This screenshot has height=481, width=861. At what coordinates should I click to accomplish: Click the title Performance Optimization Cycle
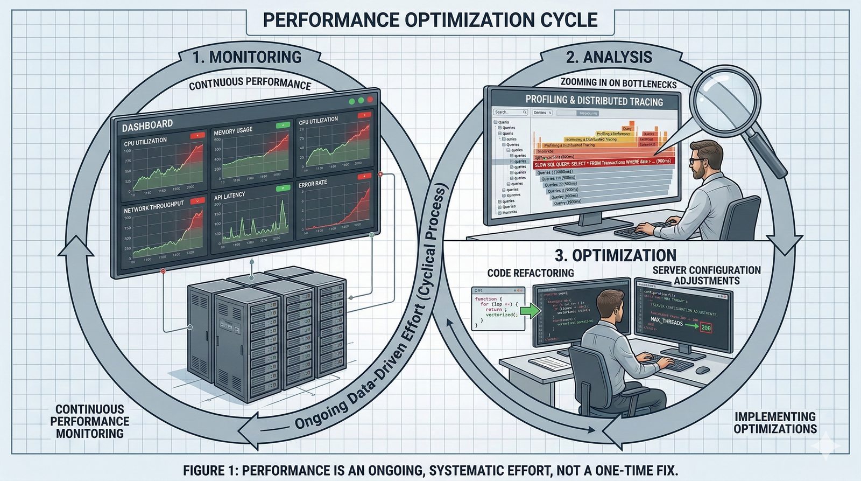click(429, 20)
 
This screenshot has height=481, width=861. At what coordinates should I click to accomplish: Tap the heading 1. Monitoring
click(247, 57)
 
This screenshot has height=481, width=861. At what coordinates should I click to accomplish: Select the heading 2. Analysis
click(609, 57)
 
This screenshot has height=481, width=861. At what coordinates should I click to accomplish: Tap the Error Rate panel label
click(313, 184)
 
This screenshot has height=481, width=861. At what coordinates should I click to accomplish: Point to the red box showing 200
click(706, 327)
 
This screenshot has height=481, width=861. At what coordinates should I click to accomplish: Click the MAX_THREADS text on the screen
click(666, 322)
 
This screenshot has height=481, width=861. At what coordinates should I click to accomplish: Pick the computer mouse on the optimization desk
click(702, 370)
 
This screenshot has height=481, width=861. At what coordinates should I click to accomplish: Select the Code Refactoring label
click(530, 273)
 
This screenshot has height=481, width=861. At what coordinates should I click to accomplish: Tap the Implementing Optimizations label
click(775, 423)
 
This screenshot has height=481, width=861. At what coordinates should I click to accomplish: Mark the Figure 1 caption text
click(430, 470)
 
